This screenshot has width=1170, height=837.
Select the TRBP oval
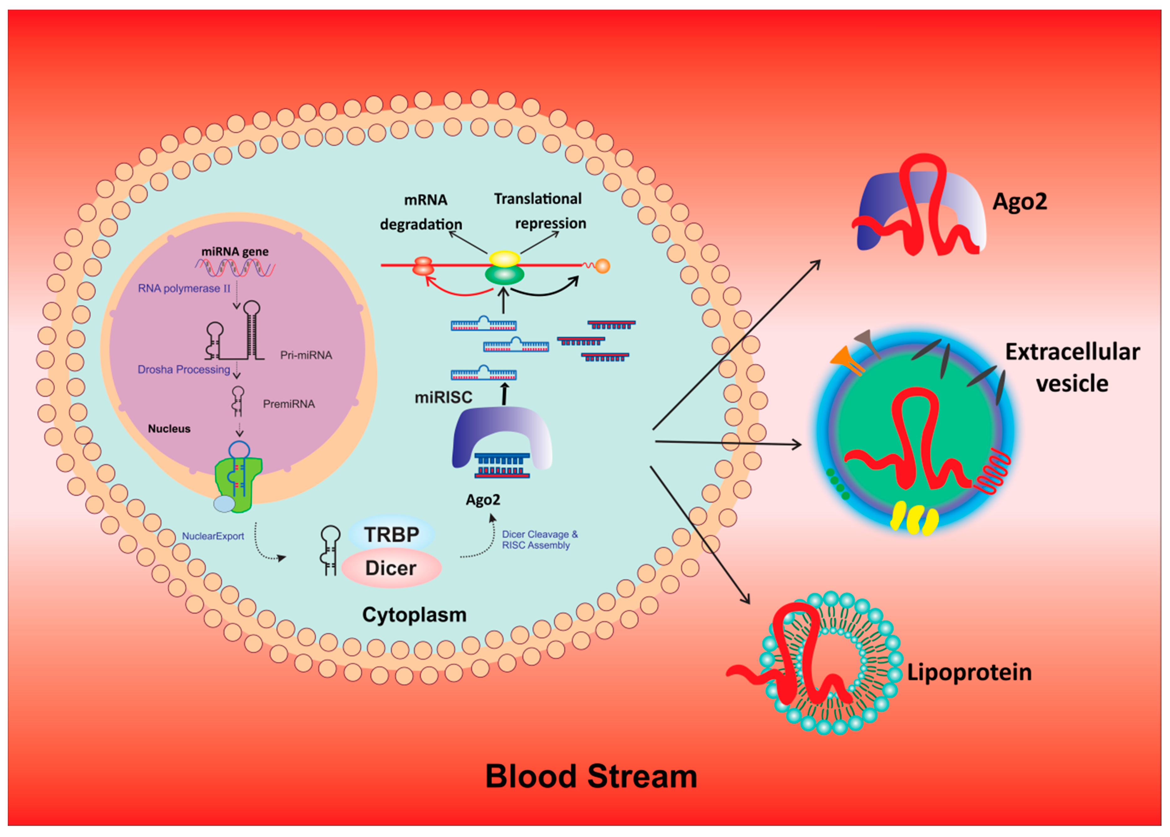[x=391, y=534]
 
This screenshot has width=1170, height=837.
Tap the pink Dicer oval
[x=391, y=567]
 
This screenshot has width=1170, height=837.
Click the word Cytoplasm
[x=414, y=615]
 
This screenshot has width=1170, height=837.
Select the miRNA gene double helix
[x=235, y=268]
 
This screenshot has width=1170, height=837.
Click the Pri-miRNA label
[x=306, y=355]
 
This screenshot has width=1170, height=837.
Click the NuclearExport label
[x=213, y=536]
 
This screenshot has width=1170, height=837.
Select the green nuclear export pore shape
[x=238, y=485]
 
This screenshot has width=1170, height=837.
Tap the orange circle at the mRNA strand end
[x=602, y=266]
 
